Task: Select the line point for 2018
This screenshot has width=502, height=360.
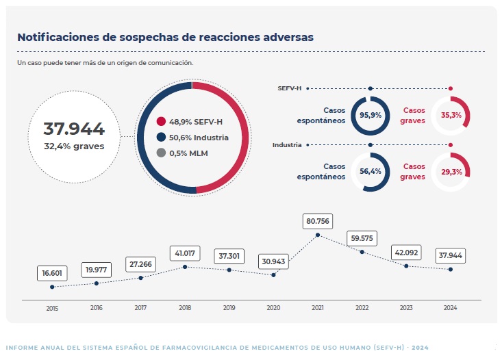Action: pos(185,267)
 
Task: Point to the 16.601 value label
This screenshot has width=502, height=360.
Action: pos(52,273)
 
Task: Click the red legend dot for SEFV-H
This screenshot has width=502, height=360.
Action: pos(161,122)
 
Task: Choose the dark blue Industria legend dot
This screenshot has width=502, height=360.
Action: pos(161,138)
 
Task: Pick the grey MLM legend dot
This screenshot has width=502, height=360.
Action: pos(161,153)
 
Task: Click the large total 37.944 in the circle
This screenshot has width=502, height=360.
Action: pos(74,129)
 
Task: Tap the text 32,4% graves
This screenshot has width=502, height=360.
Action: pos(74,146)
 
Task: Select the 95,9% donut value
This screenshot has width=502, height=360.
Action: pos(371,115)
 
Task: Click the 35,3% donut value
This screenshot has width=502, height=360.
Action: pos(451,115)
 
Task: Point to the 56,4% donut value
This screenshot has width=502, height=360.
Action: pos(371,172)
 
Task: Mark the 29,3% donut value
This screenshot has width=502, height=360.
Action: pos(451,172)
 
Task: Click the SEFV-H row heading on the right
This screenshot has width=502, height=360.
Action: pos(289,88)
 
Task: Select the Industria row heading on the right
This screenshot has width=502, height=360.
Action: pos(287,145)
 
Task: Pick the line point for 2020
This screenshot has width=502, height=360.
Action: pos(274,275)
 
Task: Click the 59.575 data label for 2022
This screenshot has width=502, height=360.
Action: pos(362,238)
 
